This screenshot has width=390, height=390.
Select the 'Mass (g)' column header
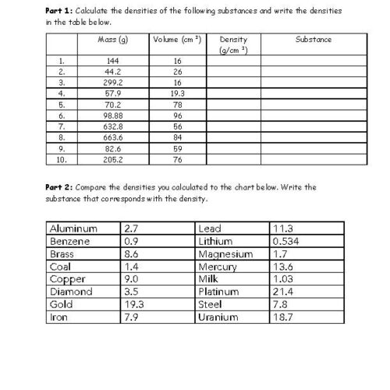click(114, 39)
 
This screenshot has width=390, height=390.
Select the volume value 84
click(178, 135)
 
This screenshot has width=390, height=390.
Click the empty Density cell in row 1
click(234, 59)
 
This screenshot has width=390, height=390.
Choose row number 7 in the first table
click(61, 124)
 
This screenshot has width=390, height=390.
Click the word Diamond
click(70, 292)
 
